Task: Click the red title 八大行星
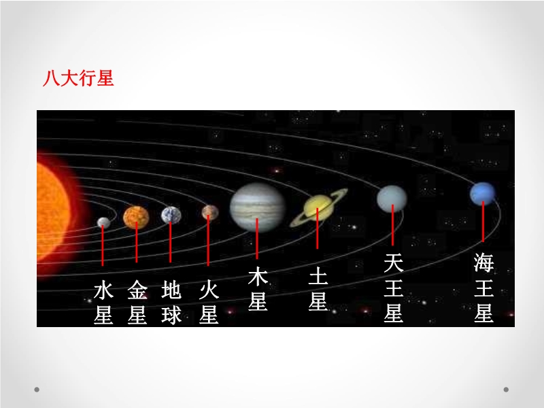78,78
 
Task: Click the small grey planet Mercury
103,222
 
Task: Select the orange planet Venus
136,217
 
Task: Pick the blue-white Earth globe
171,215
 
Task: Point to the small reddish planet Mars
210,212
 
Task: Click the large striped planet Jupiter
257,207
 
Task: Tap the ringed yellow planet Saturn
318,208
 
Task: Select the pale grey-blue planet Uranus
392,199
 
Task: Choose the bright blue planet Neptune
482,194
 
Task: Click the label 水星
103,303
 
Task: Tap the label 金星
137,302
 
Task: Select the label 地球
171,302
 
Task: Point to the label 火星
209,302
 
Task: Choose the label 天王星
394,288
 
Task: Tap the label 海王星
483,288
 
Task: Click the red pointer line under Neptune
483,222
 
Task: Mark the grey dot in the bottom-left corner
37,390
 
